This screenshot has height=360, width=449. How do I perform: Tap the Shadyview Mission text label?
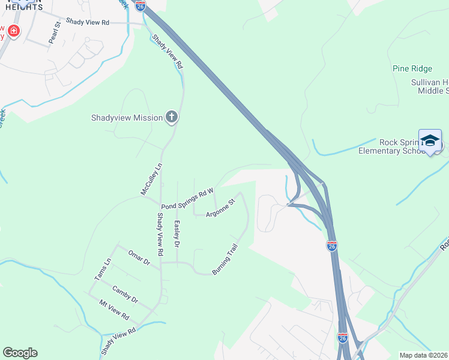click(127, 118)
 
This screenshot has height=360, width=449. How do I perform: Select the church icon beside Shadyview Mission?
click(172, 117)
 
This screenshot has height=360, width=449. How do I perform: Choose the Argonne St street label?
click(219, 208)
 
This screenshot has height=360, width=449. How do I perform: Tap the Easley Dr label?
click(177, 234)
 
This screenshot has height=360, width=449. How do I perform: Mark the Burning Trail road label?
click(226, 259)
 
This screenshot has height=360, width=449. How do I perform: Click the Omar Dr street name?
click(138, 259)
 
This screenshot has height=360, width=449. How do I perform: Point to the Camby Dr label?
click(125, 294)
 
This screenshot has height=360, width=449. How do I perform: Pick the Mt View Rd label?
click(115, 310)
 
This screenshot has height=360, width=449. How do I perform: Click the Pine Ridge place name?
click(412, 69)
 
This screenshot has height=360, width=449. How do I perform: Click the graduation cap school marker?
click(430, 140)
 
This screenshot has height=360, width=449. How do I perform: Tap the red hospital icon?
click(13, 31)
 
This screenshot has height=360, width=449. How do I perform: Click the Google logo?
click(20, 353)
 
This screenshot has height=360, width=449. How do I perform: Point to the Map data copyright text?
click(424, 355)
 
